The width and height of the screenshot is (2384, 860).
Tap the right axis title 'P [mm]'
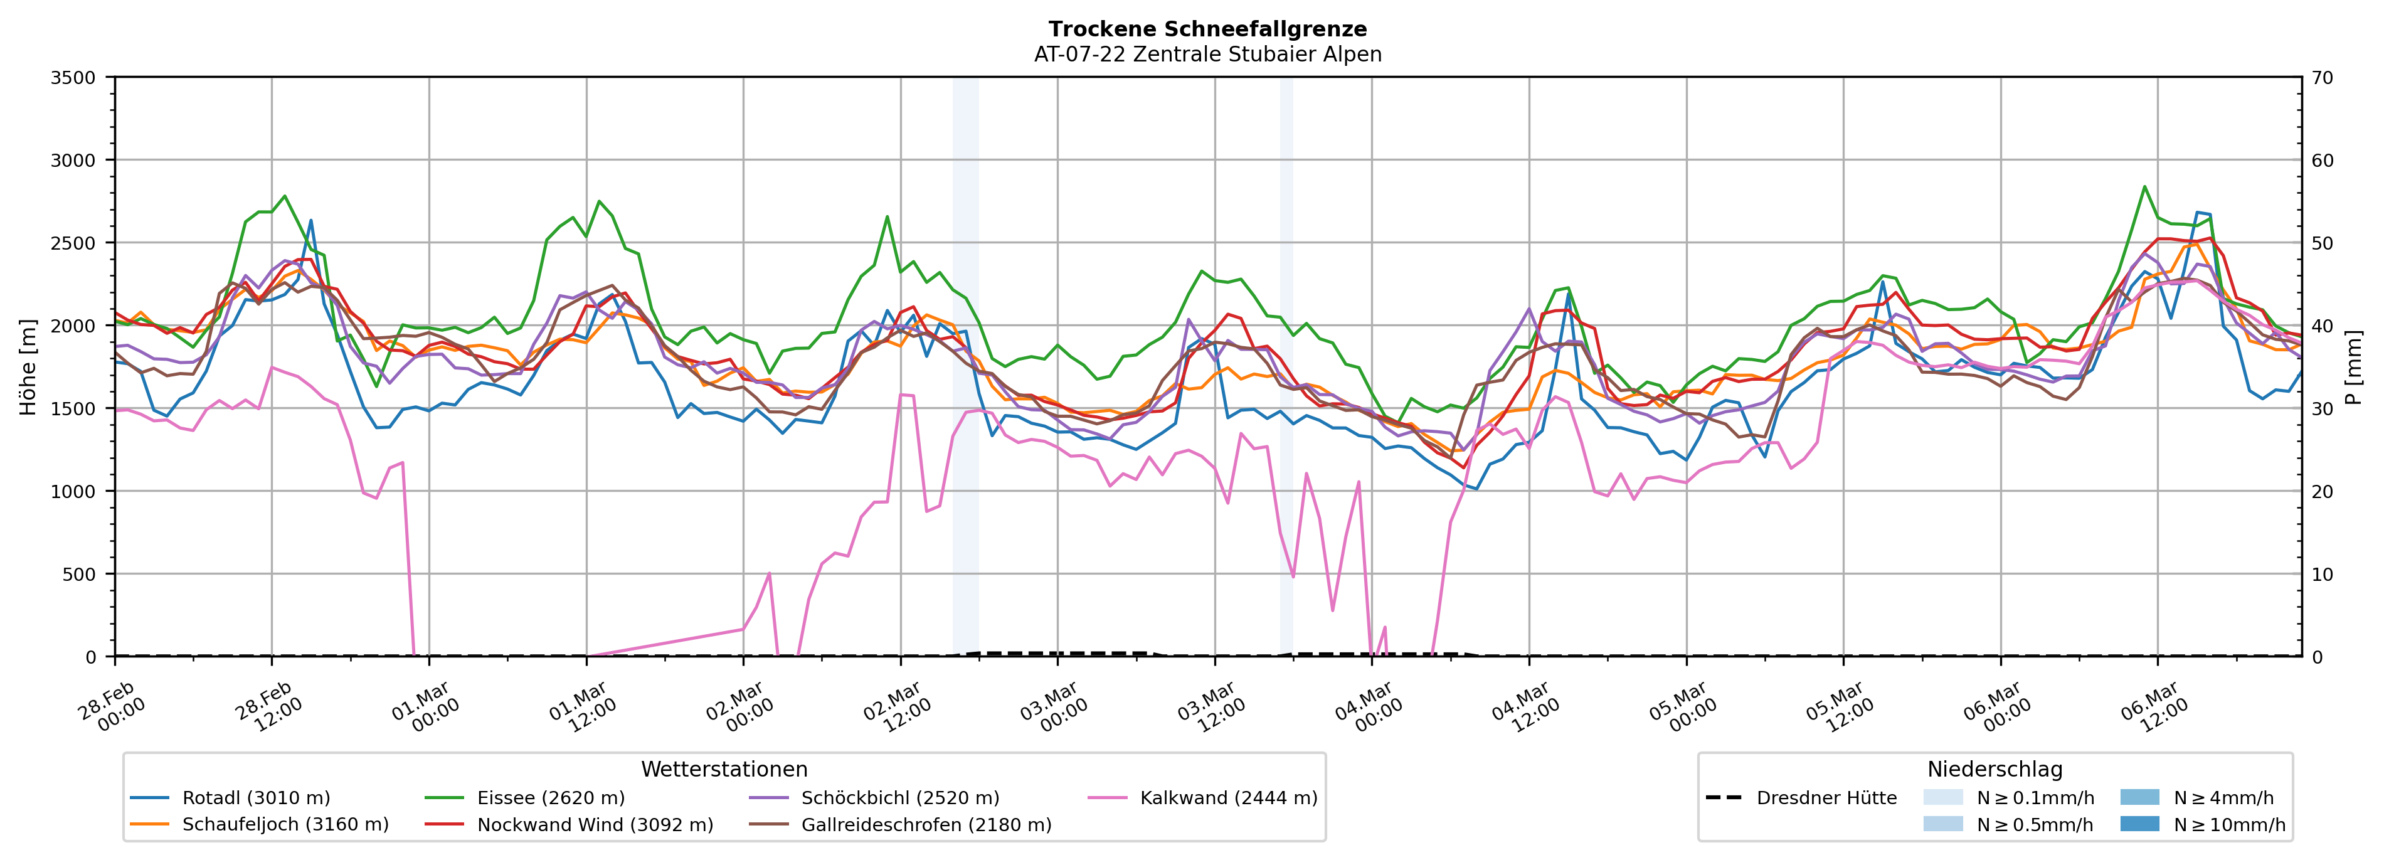tap(2353, 366)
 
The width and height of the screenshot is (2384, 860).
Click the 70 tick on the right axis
tap(2322, 78)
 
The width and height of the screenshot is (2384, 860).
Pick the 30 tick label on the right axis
tap(2322, 409)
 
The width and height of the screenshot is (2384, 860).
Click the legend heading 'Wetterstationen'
tap(724, 769)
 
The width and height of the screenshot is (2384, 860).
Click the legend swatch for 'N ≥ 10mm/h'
tap(2139, 824)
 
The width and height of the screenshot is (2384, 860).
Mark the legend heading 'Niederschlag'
tap(1995, 769)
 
